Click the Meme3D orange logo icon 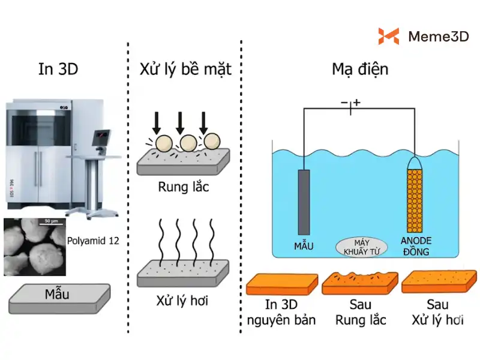388,37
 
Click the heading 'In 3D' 58,70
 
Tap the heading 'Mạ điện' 360,70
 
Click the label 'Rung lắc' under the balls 183,187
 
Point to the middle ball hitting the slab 188,143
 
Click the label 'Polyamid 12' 94,241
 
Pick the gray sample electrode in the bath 305,201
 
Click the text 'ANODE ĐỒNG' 416,247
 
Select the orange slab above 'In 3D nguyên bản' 282,284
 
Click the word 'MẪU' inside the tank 304,246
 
